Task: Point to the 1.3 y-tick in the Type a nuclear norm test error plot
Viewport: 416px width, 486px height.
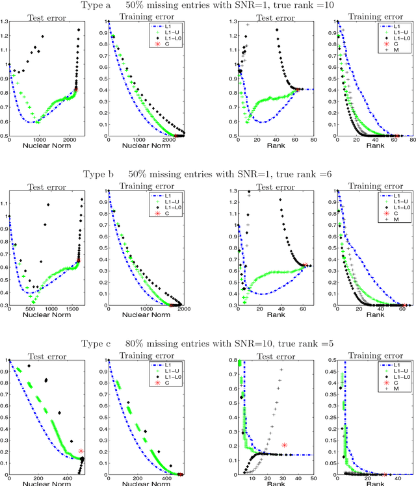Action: click(5, 21)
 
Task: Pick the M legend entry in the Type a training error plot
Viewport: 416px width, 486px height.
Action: click(393, 50)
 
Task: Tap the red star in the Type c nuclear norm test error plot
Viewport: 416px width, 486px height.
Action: click(81, 451)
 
